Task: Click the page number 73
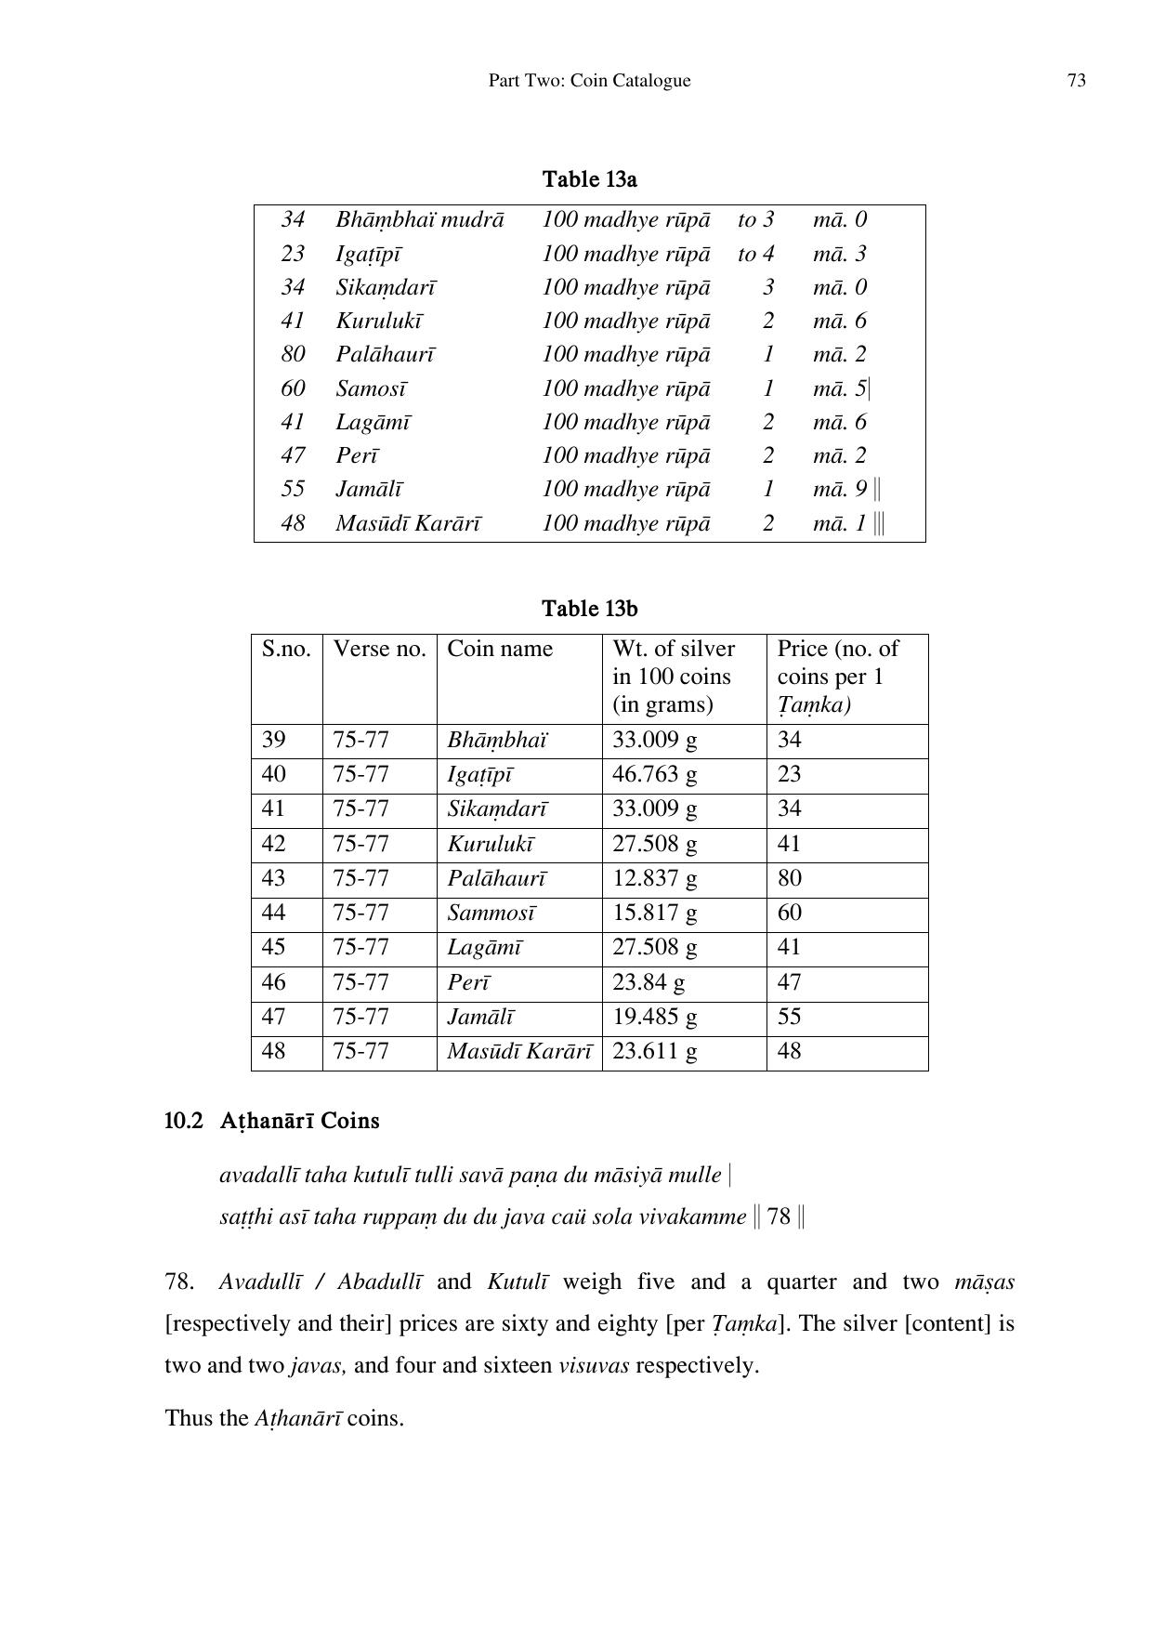pyautogui.click(x=1076, y=81)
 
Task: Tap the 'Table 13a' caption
pyautogui.click(x=589, y=179)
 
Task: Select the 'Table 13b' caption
pyautogui.click(x=589, y=609)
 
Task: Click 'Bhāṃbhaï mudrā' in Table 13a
pyautogui.click(x=419, y=220)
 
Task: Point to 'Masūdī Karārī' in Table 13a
pyautogui.click(x=408, y=523)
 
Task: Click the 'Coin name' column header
pyautogui.click(x=499, y=649)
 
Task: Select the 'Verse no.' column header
pyautogui.click(x=379, y=649)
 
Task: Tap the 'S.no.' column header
pyautogui.click(x=286, y=649)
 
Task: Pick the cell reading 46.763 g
pyautogui.click(x=654, y=774)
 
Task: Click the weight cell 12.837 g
pyautogui.click(x=654, y=878)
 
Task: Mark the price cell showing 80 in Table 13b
pyautogui.click(x=790, y=878)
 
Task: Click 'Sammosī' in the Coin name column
pyautogui.click(x=491, y=913)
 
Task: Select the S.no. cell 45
pyautogui.click(x=273, y=947)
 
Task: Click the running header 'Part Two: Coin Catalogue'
pyautogui.click(x=589, y=81)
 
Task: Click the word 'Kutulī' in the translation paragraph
pyautogui.click(x=517, y=1282)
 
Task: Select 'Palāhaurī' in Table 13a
pyautogui.click(x=385, y=355)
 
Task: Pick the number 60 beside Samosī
pyautogui.click(x=293, y=388)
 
